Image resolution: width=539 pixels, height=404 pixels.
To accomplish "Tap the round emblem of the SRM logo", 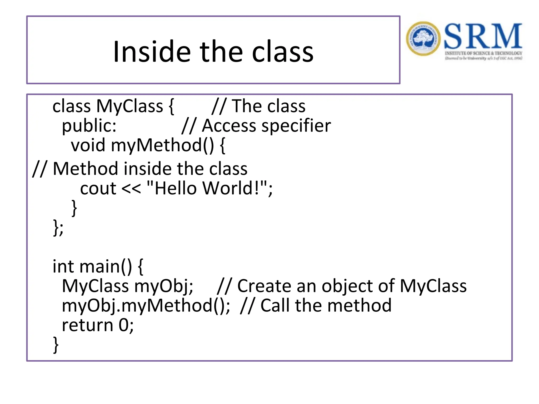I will pyautogui.click(x=423, y=39).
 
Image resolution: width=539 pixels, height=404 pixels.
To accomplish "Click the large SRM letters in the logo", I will pyautogui.click(x=483, y=36).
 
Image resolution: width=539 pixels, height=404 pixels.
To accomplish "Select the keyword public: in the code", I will pyautogui.click(x=89, y=126).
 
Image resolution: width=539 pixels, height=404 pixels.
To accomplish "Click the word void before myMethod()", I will pyautogui.click(x=88, y=145).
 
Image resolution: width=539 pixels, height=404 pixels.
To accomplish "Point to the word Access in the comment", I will pyautogui.click(x=228, y=126).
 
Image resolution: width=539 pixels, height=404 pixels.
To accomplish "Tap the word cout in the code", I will pyautogui.click(x=98, y=189).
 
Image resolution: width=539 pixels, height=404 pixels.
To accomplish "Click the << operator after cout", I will pyautogui.click(x=131, y=189).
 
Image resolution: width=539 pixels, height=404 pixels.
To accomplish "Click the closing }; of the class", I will pyautogui.click(x=58, y=228).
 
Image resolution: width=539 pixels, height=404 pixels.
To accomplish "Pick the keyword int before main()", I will pyautogui.click(x=63, y=266).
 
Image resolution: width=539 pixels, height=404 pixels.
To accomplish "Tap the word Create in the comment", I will pyautogui.click(x=264, y=286).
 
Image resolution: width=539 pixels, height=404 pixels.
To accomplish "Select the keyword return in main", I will pyautogui.click(x=87, y=325).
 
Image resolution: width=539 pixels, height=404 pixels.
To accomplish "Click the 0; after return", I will pyautogui.click(x=126, y=325).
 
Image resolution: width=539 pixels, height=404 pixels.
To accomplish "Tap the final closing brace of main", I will pyautogui.click(x=56, y=345).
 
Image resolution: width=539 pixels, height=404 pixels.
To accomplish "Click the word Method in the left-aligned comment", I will pyautogui.click(x=85, y=169).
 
